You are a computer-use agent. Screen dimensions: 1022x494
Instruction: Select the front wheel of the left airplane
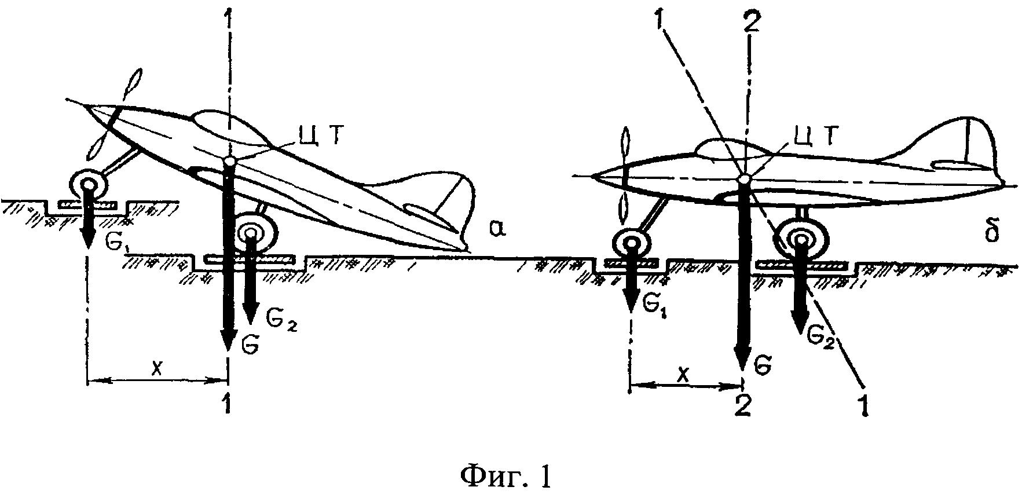[x=89, y=185]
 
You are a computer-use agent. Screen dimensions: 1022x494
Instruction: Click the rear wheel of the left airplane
[x=251, y=232]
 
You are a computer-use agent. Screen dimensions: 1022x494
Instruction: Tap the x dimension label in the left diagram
[x=156, y=369]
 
